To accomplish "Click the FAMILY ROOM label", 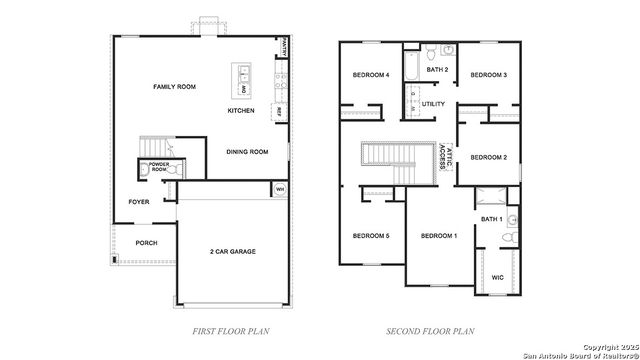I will [x=173, y=87].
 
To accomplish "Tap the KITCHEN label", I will [x=241, y=110].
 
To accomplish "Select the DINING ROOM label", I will [x=247, y=152].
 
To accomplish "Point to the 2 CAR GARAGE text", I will [x=232, y=251].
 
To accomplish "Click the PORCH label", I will [x=146, y=242].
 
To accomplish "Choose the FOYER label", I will [x=139, y=201].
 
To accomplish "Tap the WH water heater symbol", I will [x=279, y=189].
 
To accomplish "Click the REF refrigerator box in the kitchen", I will [x=278, y=111].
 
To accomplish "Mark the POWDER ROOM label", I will [x=159, y=165].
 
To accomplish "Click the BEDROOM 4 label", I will [x=370, y=75].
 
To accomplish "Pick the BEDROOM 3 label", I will [x=489, y=75].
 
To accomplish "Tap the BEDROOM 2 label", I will [x=489, y=157].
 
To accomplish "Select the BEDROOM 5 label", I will [x=370, y=235].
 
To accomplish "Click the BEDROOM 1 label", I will [x=438, y=235].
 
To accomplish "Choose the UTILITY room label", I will [x=433, y=103].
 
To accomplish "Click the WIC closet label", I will [x=497, y=278].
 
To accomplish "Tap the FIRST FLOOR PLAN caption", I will [x=230, y=329].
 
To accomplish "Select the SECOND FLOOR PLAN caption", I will [x=430, y=329].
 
